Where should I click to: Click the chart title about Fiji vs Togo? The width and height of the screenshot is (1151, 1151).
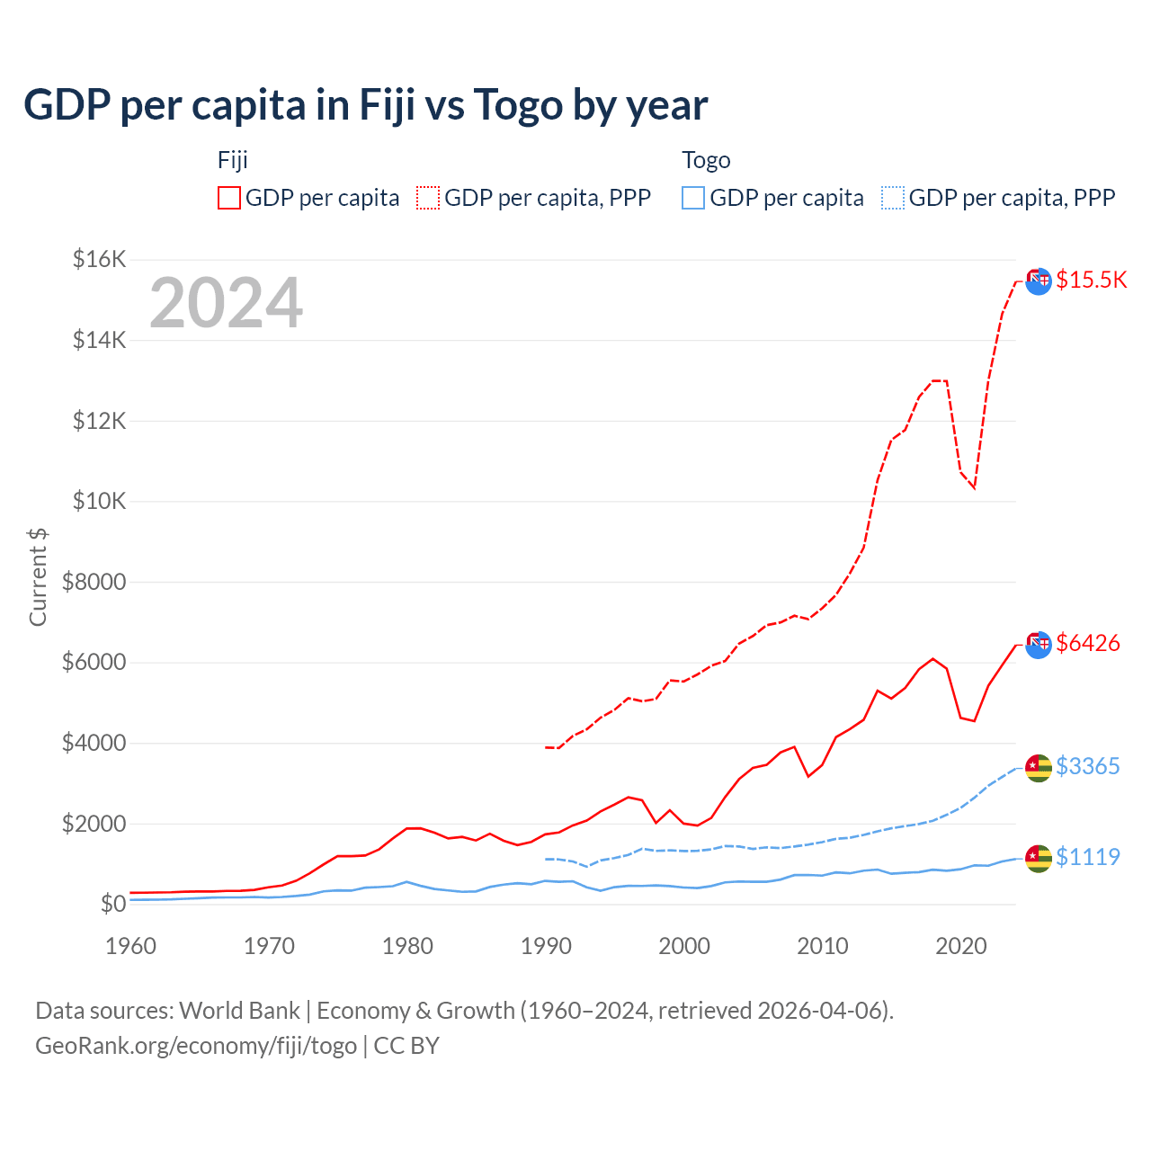pos(365,105)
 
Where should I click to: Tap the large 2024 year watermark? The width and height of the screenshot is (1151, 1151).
pos(226,303)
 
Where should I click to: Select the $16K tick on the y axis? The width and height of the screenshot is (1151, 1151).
pos(99,260)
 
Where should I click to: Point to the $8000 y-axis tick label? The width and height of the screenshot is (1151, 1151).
pos(94,582)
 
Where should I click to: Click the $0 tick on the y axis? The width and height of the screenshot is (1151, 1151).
pos(112,904)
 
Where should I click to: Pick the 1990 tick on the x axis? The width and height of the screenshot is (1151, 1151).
pos(546,946)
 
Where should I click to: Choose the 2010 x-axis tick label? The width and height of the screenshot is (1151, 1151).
pos(823,946)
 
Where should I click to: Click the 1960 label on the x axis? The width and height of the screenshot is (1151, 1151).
pos(131,946)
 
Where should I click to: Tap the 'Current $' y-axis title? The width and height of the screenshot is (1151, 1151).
pos(38,577)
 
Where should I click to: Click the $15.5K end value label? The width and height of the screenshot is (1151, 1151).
pos(1091,280)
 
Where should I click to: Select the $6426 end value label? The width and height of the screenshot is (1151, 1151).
pos(1088,643)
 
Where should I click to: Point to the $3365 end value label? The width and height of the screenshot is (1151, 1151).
pos(1088,766)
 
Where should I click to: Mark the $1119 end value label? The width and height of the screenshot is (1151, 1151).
pos(1088,857)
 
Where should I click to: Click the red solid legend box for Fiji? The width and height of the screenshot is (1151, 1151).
pos(229,198)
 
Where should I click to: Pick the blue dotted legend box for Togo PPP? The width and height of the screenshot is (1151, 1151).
pos(893,198)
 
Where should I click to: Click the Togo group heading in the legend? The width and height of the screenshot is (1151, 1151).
pos(706,160)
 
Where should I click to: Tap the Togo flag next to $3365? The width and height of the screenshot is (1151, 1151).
pos(1039,768)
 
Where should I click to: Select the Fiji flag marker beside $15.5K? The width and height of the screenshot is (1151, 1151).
pos(1039,281)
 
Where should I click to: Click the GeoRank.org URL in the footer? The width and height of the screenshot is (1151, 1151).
pos(196,1046)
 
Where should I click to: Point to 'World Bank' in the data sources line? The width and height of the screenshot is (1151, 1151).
pos(239,1011)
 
